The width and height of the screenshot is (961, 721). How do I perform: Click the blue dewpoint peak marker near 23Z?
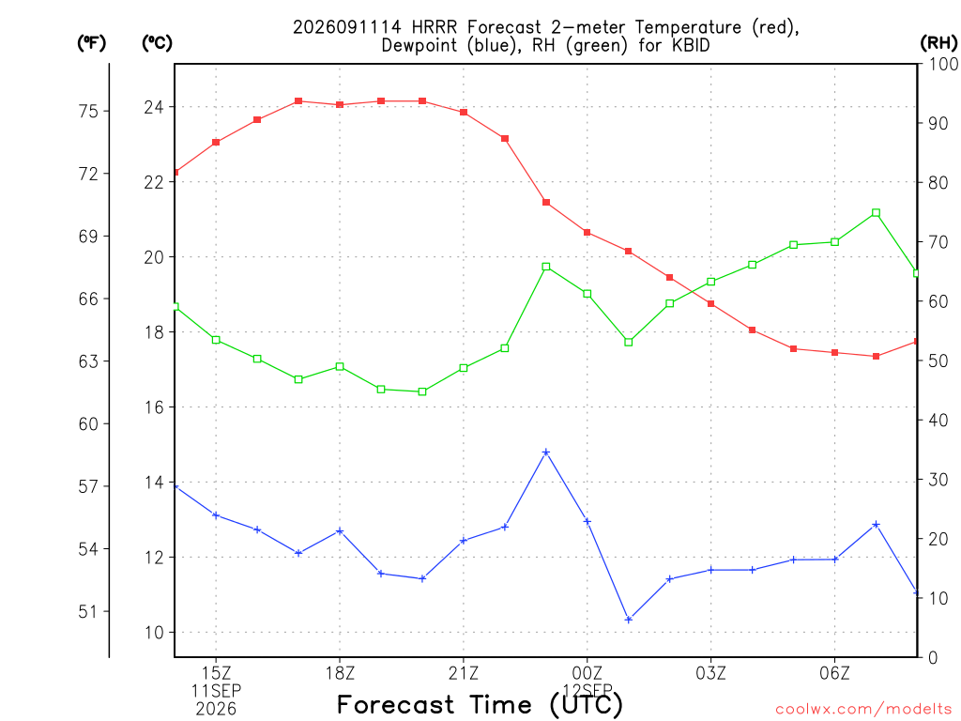coord(546,453)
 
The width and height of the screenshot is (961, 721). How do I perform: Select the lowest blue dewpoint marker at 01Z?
coord(628,620)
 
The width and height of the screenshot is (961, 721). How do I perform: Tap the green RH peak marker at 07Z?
coord(876,213)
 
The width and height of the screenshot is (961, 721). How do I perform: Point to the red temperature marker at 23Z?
coord(546,203)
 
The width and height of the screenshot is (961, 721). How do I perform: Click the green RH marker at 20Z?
coord(422,391)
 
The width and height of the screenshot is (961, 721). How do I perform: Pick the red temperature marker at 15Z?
coord(216,143)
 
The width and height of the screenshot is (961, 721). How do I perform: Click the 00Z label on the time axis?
coord(587,673)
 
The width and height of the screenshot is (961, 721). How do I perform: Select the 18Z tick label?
coord(340,673)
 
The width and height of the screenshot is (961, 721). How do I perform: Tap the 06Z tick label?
coord(834,673)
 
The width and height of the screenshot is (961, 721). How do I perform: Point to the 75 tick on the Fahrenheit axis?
coord(89,111)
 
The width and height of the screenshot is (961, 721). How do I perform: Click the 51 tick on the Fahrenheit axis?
coord(89,611)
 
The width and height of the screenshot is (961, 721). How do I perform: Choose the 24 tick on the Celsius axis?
coord(155,107)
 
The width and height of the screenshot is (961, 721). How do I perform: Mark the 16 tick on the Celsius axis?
coord(155,407)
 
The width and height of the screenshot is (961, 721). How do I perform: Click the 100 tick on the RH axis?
coord(944,64)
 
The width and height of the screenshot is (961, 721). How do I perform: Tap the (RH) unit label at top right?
coord(938,42)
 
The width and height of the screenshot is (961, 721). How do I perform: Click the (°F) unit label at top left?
coord(91,43)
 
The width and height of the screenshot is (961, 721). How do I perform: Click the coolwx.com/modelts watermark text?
coord(863,710)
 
